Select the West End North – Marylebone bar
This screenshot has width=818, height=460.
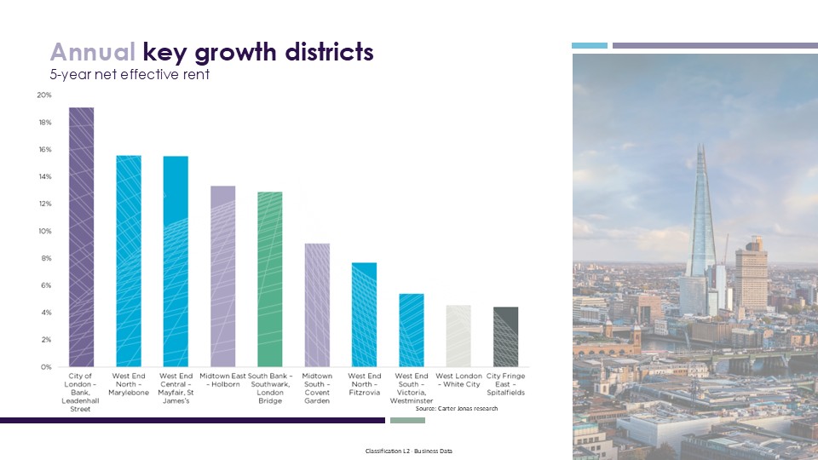tap(128, 261)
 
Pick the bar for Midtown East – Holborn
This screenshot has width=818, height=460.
tap(222, 276)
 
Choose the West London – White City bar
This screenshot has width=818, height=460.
tap(458, 336)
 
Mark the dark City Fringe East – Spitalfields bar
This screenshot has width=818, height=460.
tap(505, 336)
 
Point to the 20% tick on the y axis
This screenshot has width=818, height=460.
tap(43, 95)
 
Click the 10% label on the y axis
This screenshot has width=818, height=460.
tap(43, 231)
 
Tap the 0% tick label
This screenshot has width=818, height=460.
tap(45, 366)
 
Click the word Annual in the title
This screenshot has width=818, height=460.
tap(92, 52)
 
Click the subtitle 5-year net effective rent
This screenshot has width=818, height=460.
tap(129, 75)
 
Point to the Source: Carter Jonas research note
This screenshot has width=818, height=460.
tap(456, 409)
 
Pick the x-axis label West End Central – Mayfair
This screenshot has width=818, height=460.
tap(176, 388)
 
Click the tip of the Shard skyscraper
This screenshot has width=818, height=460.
tap(700, 145)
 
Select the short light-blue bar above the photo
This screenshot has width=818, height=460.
tap(589, 45)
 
